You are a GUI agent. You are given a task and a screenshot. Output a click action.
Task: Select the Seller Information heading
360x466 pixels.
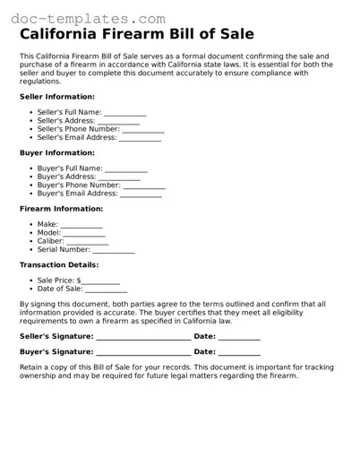pyautogui.click(x=56, y=96)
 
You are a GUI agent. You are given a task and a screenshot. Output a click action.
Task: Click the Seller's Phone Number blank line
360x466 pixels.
pyautogui.click(x=144, y=130)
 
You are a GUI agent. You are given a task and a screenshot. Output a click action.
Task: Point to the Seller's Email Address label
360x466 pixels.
pyautogui.click(x=76, y=138)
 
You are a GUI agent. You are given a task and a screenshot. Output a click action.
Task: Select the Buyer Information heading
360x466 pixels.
pyautogui.click(x=56, y=152)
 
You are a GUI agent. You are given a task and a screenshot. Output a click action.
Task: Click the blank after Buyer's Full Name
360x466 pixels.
pyautogui.click(x=125, y=169)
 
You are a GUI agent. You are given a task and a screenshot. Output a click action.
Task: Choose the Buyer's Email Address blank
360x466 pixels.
pyautogui.click(x=141, y=194)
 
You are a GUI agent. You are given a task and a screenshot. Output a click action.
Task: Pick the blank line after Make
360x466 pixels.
pyautogui.click(x=81, y=225)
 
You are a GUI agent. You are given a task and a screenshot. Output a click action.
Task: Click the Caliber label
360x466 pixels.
pyautogui.click(x=50, y=241)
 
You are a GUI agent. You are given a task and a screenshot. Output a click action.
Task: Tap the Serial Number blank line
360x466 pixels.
pyautogui.click(x=114, y=250)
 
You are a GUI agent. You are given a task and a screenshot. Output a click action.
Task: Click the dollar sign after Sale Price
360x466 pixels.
pyautogui.click(x=79, y=280)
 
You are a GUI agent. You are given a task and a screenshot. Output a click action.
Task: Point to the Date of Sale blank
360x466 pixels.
pyautogui.click(x=106, y=289)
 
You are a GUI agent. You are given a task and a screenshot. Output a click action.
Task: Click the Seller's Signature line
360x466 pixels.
pyautogui.click(x=143, y=337)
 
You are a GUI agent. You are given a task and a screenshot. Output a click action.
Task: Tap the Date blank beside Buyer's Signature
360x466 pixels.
pyautogui.click(x=239, y=352)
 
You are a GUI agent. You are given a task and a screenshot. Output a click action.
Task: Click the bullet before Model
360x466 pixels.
pyautogui.click(x=31, y=233)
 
